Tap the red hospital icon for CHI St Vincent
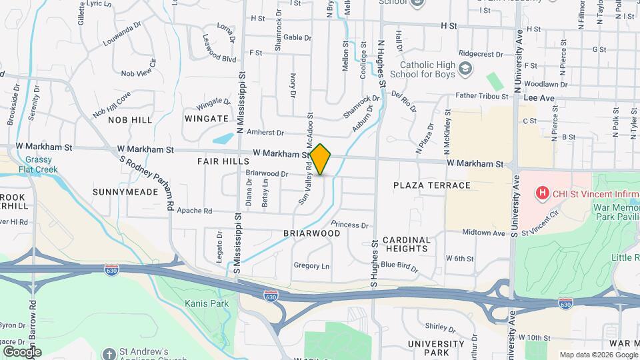click(543, 193)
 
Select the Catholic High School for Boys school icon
click(465, 69)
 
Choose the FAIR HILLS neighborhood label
click(223, 161)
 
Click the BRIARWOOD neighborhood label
click(311, 233)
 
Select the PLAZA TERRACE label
click(431, 185)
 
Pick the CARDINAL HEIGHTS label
click(406, 244)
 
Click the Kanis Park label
click(207, 303)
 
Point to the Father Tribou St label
click(481, 96)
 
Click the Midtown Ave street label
click(484, 233)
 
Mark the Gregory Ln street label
click(311, 265)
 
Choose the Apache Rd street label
click(193, 211)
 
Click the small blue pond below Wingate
click(223, 139)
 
